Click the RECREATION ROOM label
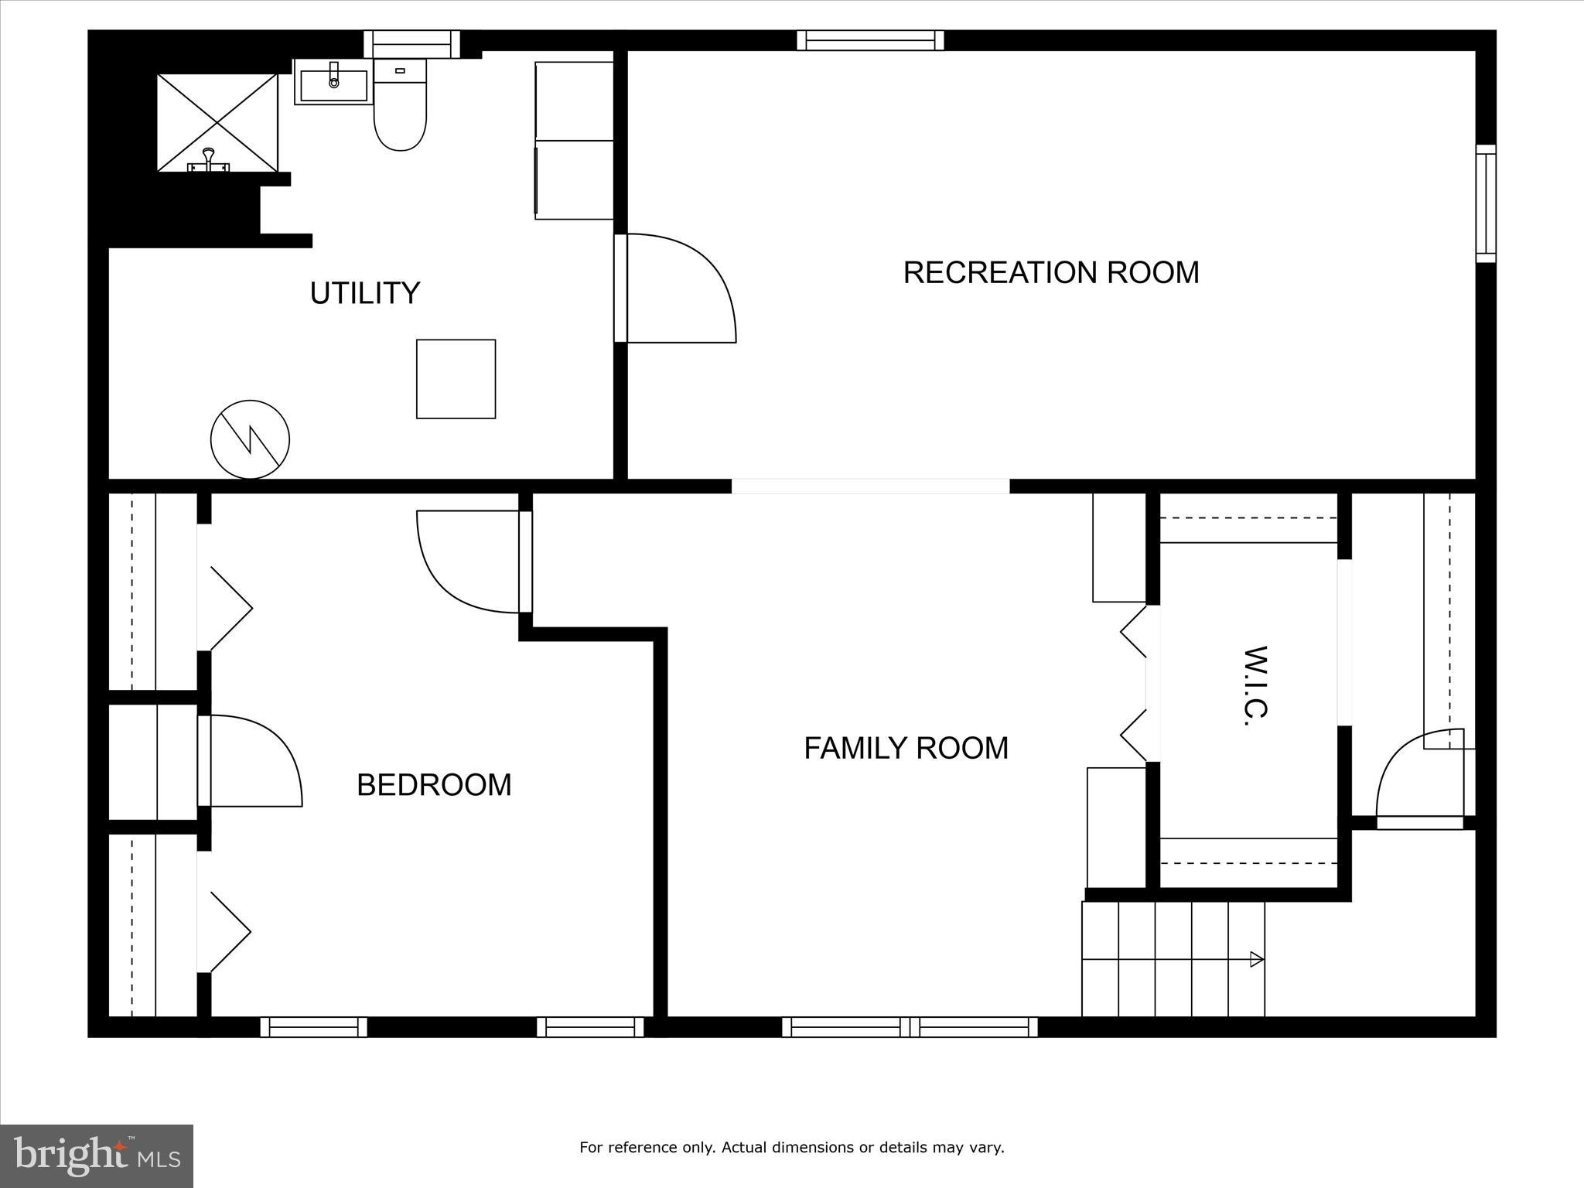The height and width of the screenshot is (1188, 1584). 1050,272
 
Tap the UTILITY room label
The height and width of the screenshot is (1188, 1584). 364,293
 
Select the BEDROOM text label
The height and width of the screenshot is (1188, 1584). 434,785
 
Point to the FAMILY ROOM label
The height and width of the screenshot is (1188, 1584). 906,748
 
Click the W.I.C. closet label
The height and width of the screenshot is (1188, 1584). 1258,685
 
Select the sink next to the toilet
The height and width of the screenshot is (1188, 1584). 333,84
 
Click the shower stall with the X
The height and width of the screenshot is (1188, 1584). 217,122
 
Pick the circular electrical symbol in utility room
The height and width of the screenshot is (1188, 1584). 250,439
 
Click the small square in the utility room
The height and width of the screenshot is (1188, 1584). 456,379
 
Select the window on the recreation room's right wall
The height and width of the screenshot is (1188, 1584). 1485,203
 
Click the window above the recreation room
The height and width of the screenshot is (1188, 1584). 870,40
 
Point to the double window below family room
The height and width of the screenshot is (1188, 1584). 910,1027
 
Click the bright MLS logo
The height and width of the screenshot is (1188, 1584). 97,1156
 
